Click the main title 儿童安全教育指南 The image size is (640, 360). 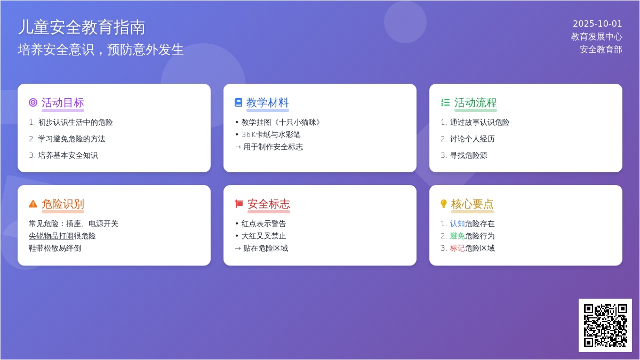[82, 27]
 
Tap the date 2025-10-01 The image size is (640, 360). [597, 23]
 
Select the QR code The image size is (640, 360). [605, 325]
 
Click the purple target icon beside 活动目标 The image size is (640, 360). [33, 102]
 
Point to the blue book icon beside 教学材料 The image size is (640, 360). [238, 102]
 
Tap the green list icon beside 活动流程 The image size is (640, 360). [445, 102]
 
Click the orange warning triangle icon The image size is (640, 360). [33, 204]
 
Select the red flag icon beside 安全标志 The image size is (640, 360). [239, 204]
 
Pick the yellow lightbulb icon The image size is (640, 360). [443, 204]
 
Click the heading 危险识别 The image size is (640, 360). [63, 204]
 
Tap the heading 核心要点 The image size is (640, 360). [473, 204]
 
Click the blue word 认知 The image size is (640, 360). [458, 223]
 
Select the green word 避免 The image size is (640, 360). [458, 236]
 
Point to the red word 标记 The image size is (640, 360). [458, 249]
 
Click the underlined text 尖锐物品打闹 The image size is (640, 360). [51, 236]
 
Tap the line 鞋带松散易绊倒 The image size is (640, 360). [55, 249]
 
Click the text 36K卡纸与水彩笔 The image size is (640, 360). [271, 134]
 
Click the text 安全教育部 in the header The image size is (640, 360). [601, 50]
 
